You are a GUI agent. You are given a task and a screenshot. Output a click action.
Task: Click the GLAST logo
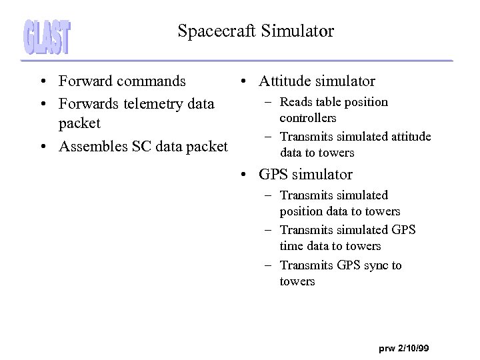point(47,37)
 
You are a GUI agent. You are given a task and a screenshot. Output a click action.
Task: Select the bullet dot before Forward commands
point(42,82)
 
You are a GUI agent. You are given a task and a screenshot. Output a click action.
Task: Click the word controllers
point(308,118)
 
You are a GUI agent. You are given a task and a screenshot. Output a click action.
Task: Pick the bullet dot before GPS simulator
point(245,175)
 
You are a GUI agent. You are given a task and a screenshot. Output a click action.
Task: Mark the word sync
point(375,265)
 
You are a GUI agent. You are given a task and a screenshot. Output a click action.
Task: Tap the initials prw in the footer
point(387,349)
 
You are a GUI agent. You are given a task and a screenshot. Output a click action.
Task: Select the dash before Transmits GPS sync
point(267,265)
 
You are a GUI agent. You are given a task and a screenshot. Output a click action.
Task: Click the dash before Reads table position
point(267,102)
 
